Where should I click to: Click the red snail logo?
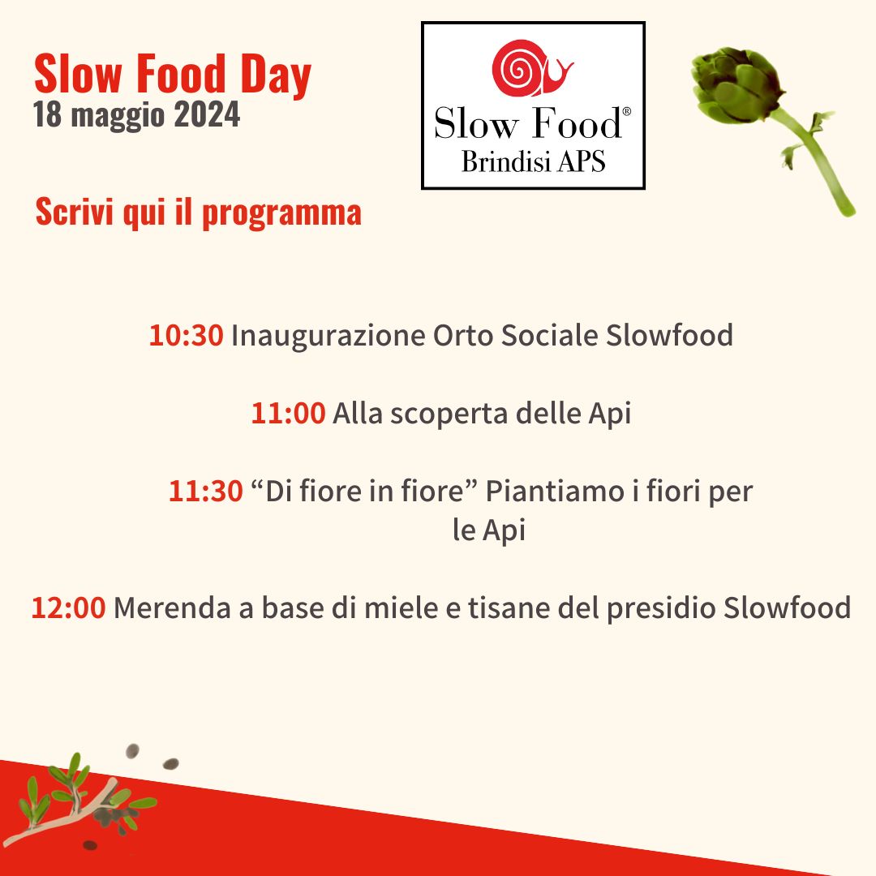pyautogui.click(x=530, y=68)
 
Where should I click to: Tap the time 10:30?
pyautogui.click(x=186, y=335)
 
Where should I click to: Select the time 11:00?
pyautogui.click(x=288, y=414)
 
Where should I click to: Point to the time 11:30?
pyautogui.click(x=205, y=491)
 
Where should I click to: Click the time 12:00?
pyautogui.click(x=68, y=608)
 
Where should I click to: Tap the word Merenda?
pyautogui.click(x=172, y=608)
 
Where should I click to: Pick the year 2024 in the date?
pyautogui.click(x=207, y=114)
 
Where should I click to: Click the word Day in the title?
pyautogui.click(x=276, y=75)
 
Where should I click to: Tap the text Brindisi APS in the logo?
pyautogui.click(x=533, y=162)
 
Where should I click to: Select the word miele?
pyautogui.click(x=401, y=608)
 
